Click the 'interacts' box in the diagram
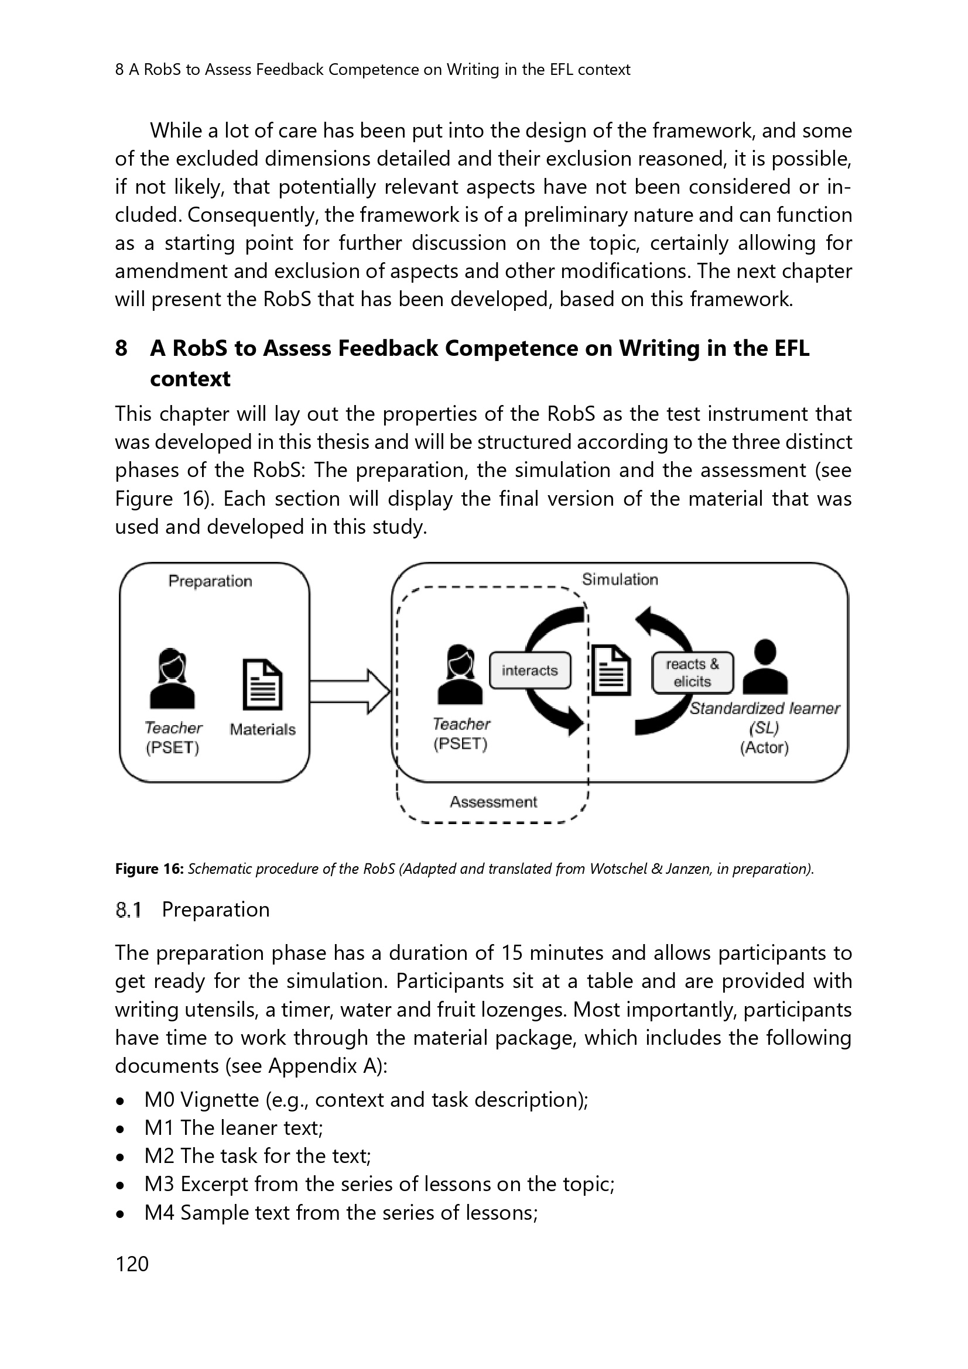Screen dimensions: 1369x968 point(529,670)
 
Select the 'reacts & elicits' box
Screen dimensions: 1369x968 point(692,673)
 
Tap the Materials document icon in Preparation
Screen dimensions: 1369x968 point(262,685)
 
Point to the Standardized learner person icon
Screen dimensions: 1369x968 point(765,667)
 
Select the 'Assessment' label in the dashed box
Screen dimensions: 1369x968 point(493,802)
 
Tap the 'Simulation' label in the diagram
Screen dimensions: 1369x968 point(620,579)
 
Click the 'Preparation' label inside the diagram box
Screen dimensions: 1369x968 point(210,581)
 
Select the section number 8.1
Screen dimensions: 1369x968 point(128,910)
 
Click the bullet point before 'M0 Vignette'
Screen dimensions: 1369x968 point(121,1100)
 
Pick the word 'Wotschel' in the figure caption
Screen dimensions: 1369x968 point(618,869)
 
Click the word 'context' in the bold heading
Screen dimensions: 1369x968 point(190,379)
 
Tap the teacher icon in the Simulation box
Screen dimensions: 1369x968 point(459,675)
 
